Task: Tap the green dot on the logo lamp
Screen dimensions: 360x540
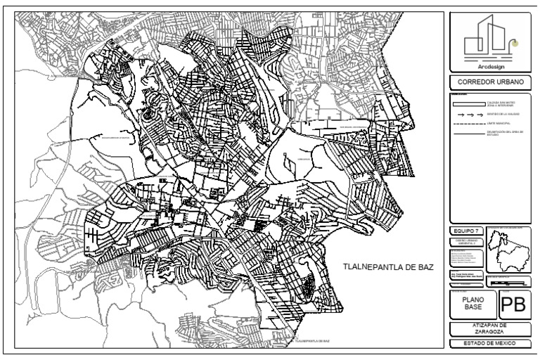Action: click(x=515, y=43)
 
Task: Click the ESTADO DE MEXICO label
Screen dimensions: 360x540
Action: click(x=490, y=343)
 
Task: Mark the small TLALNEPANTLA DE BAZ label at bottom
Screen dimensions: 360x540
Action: click(x=314, y=340)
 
